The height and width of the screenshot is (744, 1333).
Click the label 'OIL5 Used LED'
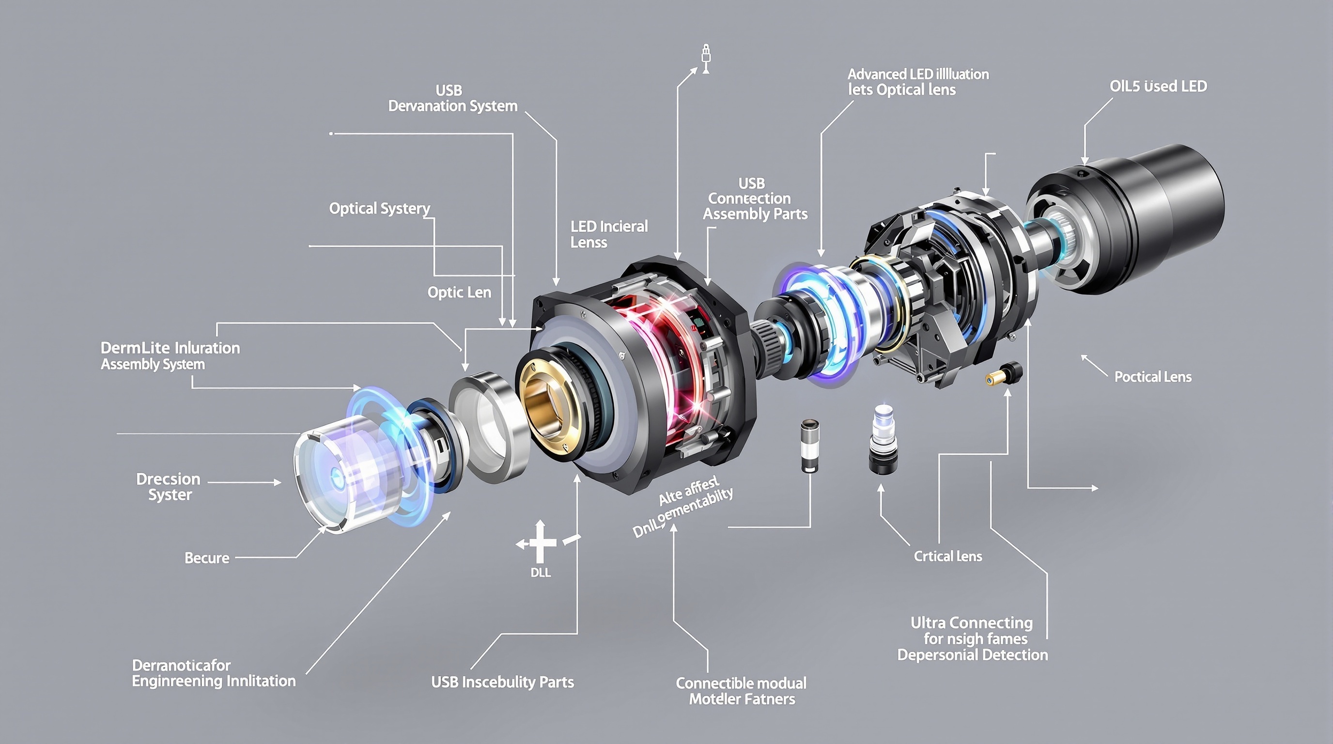point(1158,86)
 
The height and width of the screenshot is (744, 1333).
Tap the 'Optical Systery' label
point(379,208)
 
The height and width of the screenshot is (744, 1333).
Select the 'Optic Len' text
point(459,293)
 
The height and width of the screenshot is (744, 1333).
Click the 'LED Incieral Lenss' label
point(608,234)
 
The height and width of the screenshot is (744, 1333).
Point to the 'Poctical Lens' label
point(1152,377)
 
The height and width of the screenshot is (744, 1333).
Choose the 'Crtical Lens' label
point(947,556)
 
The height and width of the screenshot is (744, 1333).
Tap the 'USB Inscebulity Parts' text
point(502,682)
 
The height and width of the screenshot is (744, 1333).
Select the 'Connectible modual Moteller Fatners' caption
point(741,691)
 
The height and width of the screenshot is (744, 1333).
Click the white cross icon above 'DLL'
point(539,542)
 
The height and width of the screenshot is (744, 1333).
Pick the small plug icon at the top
point(705,58)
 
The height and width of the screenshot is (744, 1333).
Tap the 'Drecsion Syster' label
point(169,486)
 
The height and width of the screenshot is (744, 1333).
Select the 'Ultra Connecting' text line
point(971,622)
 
